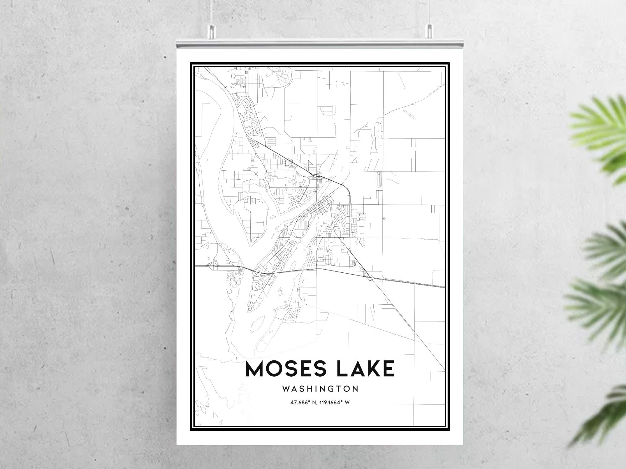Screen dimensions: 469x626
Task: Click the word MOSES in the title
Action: click(285, 369)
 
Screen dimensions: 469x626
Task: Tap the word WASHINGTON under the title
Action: click(320, 389)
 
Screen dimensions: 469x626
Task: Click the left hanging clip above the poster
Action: click(212, 29)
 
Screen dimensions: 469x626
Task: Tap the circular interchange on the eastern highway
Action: click(370, 277)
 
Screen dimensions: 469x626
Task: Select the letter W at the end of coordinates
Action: click(347, 403)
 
